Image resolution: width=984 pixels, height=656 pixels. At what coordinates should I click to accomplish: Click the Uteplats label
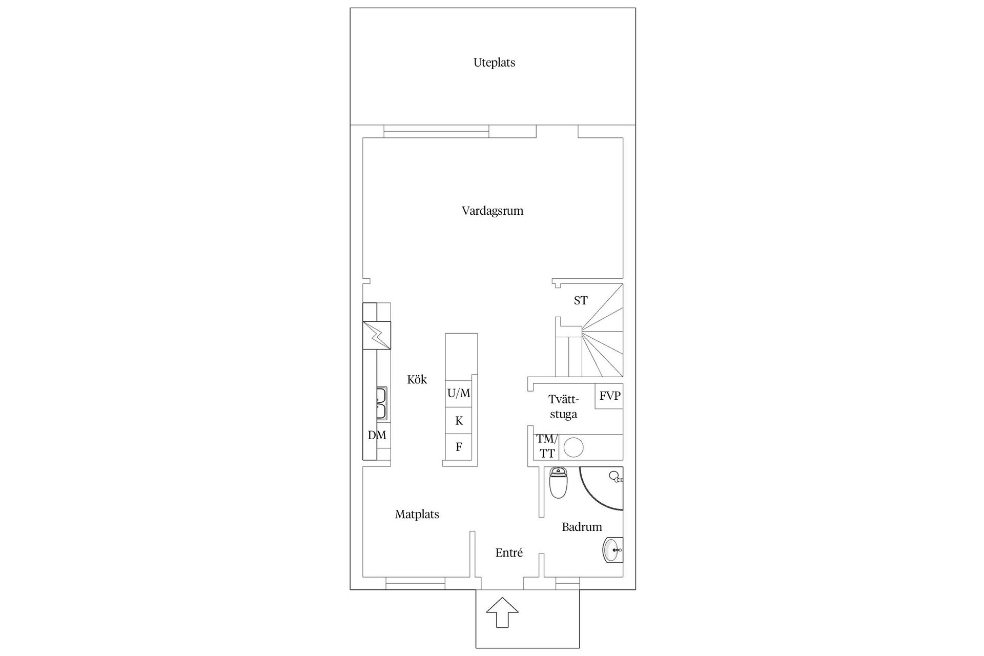(494, 63)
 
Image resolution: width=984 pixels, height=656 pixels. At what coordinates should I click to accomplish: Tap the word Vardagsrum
(493, 211)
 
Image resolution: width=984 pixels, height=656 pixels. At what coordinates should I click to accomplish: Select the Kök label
(417, 380)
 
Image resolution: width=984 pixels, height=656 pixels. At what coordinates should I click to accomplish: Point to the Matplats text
(417, 515)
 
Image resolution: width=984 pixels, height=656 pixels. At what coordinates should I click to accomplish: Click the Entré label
(509, 553)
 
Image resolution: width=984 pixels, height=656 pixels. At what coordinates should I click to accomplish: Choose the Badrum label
(582, 527)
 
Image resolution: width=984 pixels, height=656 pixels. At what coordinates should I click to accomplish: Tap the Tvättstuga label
(563, 407)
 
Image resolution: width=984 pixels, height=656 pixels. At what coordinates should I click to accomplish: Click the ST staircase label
(580, 301)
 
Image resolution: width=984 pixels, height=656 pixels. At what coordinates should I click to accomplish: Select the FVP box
(609, 396)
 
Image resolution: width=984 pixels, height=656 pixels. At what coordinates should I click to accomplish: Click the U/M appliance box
(459, 394)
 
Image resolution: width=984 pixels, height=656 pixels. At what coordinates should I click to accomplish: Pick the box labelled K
(459, 421)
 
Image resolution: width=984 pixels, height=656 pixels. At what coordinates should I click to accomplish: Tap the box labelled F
(459, 447)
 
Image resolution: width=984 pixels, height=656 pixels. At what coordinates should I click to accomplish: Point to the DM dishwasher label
(377, 435)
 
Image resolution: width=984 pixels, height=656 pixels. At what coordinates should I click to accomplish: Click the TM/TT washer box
(546, 446)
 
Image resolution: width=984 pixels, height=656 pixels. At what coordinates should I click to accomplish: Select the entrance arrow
(502, 612)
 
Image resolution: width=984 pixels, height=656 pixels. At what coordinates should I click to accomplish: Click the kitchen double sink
(381, 403)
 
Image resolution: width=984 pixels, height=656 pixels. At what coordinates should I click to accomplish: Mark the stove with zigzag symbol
(377, 335)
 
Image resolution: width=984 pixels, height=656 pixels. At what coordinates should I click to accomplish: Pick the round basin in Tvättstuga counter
(573, 447)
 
